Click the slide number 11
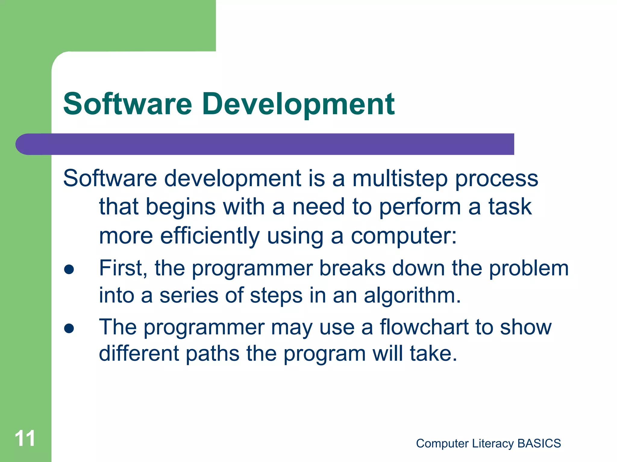coord(25,438)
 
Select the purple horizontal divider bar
coord(265,144)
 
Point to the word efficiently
coord(210,236)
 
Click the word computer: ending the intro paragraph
coord(404,236)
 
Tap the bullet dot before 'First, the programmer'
coord(69,269)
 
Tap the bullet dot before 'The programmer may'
coord(69,328)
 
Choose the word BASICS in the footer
coord(539,443)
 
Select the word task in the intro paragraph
coord(510,207)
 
